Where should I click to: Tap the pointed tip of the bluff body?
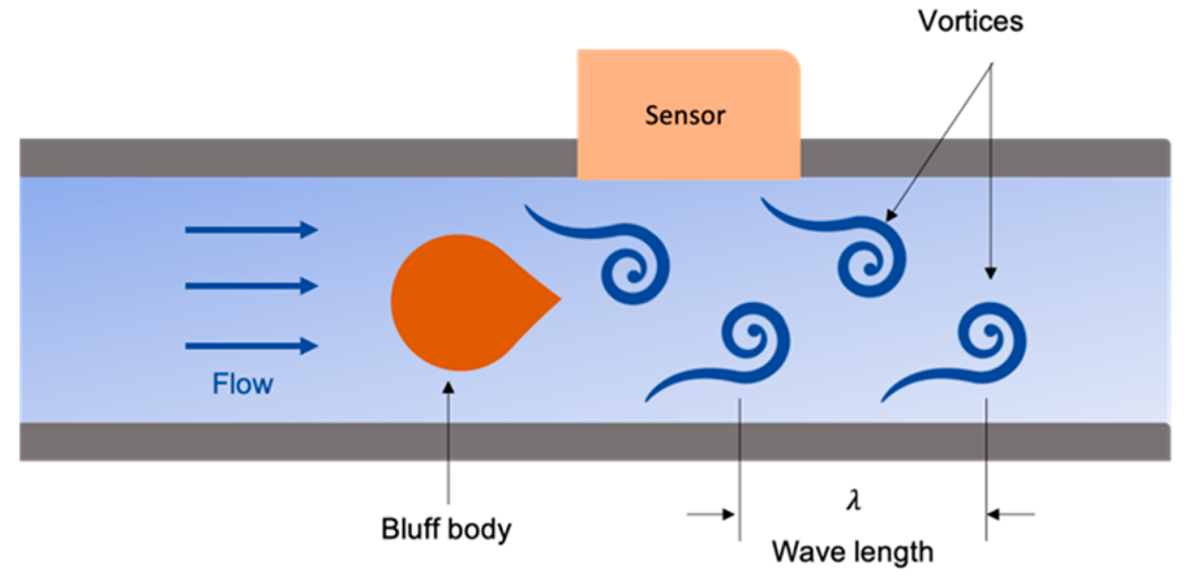click(559, 300)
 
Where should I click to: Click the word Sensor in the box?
click(684, 115)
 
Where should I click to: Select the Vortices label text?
click(970, 22)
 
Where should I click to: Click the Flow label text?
click(242, 384)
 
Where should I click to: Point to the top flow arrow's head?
click(310, 229)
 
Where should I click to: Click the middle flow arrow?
click(251, 285)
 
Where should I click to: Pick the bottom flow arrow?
click(251, 346)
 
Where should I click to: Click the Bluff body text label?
click(446, 528)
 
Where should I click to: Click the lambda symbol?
click(853, 500)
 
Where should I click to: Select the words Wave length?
click(852, 552)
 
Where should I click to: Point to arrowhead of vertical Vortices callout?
click(990, 273)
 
